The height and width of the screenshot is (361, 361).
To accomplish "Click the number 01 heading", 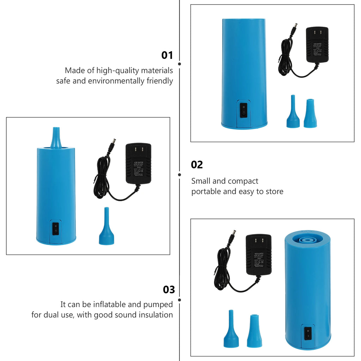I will point(167,55).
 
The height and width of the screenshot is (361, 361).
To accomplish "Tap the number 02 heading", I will point(197,165).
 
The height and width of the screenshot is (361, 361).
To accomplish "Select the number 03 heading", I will point(169,289).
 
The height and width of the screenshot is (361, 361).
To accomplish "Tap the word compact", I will point(243,181).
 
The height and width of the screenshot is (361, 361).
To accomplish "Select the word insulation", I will point(156,315).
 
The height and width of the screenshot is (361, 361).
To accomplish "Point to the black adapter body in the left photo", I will point(138,163).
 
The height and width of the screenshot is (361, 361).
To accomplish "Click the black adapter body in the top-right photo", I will point(317,45).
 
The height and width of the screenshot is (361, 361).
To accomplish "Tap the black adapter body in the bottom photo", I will point(258,255).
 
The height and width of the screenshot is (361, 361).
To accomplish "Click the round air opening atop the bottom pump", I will point(307,239).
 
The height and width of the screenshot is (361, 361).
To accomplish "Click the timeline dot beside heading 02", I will point(179,175).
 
